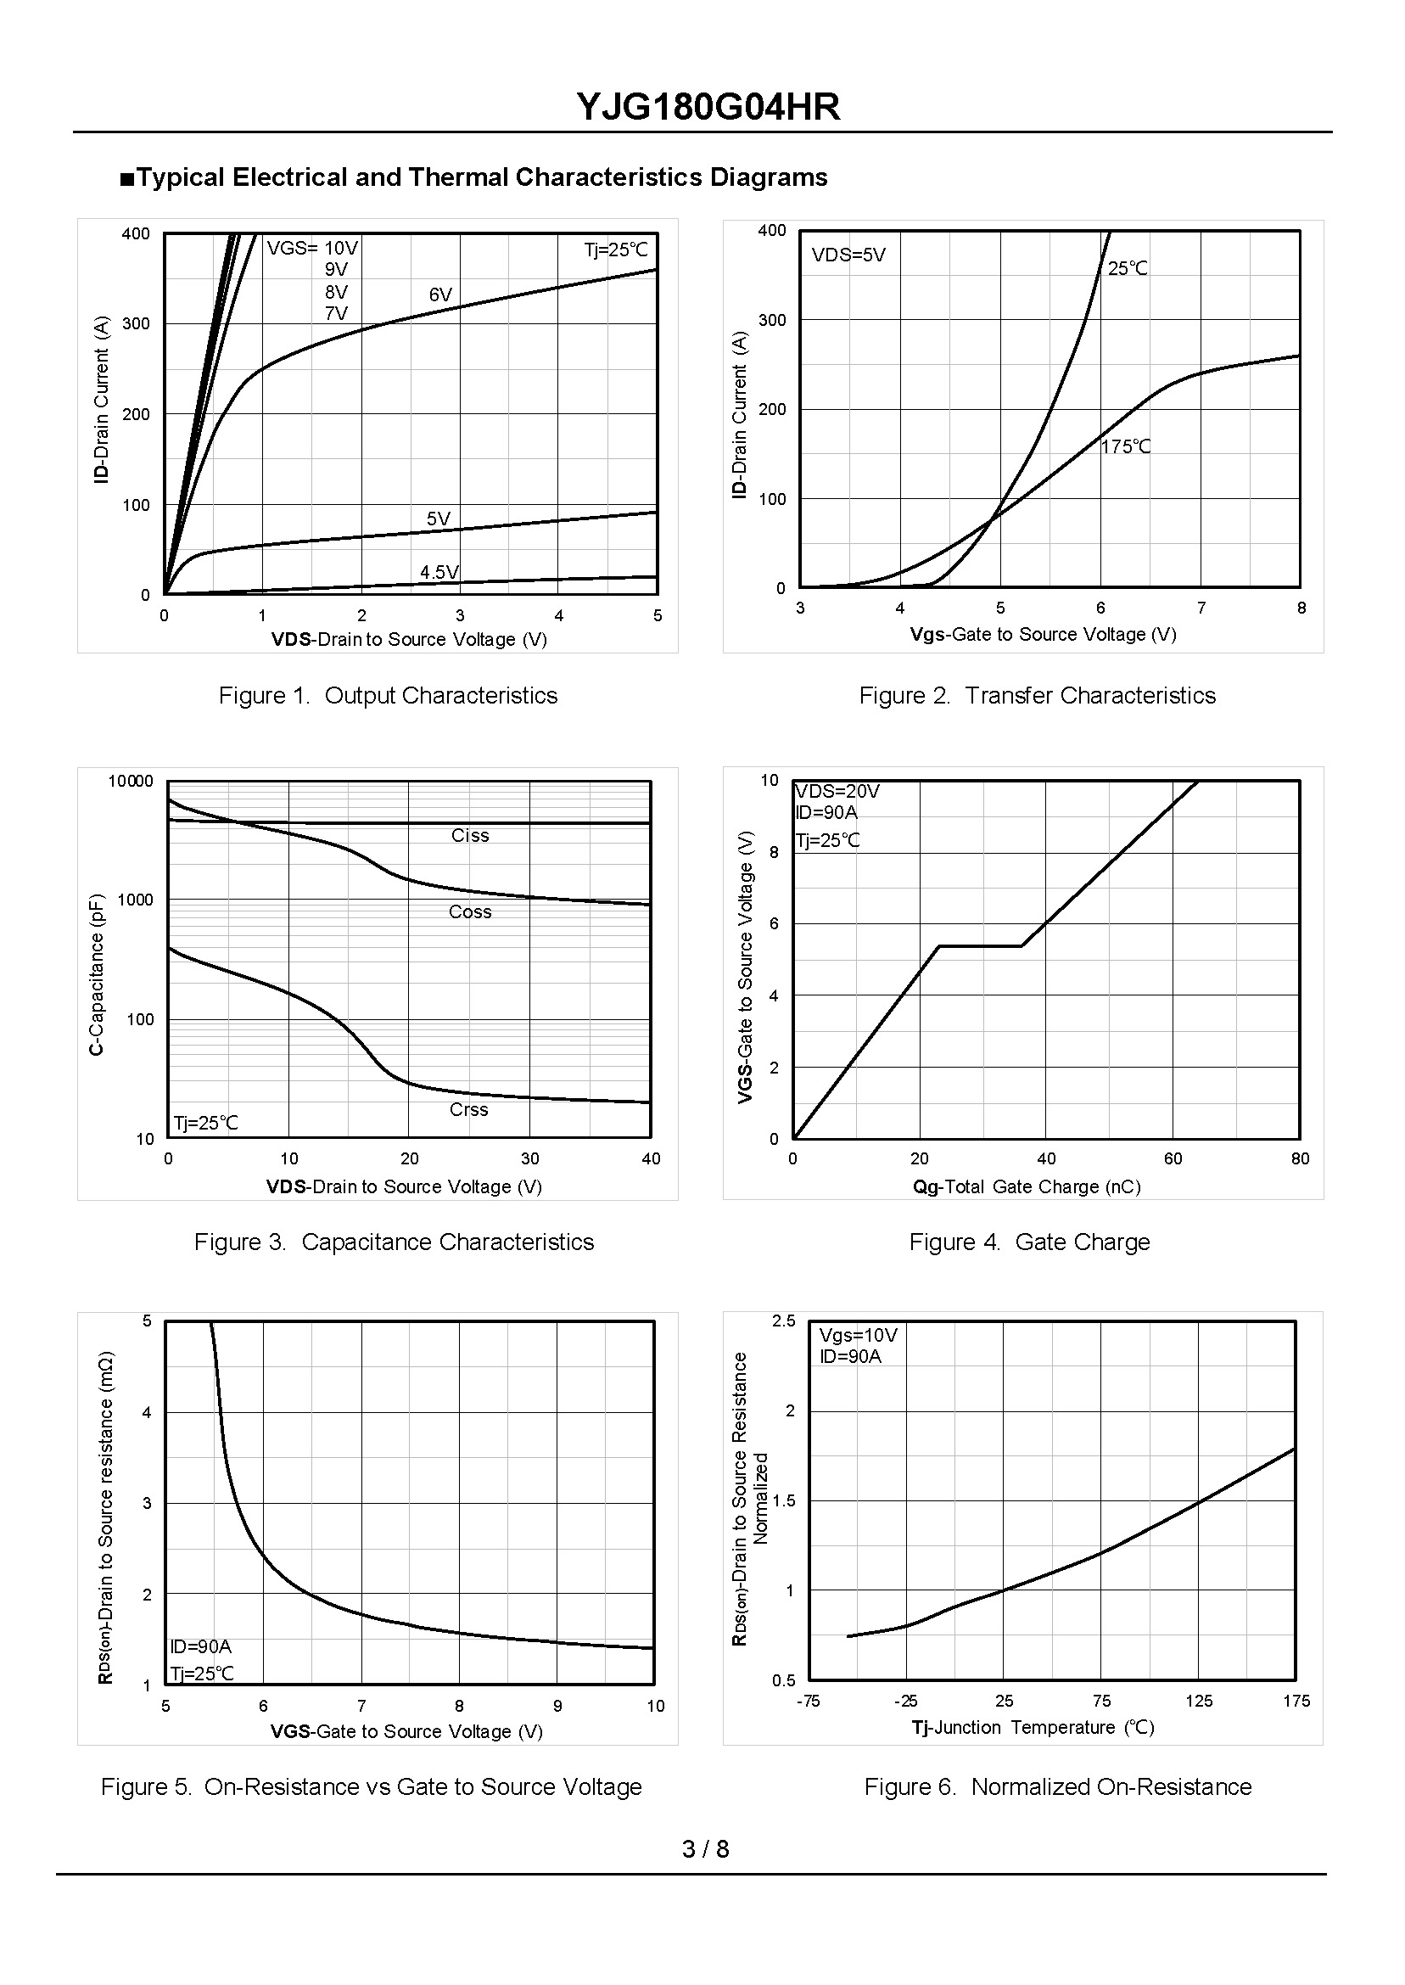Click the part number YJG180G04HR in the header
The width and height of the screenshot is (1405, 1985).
(708, 107)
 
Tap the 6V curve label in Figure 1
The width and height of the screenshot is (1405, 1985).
(440, 295)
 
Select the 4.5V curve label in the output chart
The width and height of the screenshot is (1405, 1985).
(439, 572)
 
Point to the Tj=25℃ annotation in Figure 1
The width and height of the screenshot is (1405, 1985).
(615, 250)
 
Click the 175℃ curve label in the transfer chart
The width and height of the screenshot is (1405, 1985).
(1126, 446)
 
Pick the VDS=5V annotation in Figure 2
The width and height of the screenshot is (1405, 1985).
(848, 255)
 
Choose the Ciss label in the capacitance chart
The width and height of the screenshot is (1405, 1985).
(470, 836)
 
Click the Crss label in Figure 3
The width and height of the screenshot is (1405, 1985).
(469, 1110)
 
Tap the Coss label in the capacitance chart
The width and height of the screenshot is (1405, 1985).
(470, 912)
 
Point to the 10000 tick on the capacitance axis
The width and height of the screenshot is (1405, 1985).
(131, 782)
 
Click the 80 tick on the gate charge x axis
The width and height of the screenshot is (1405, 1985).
(1301, 1159)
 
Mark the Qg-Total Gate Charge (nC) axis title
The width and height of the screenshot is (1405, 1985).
(1026, 1187)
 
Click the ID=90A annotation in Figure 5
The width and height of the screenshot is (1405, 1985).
(201, 1646)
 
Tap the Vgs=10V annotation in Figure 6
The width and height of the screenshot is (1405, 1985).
(859, 1335)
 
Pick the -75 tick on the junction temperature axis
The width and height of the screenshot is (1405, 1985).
(808, 1702)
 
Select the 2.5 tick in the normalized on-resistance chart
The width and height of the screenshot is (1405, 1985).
(784, 1321)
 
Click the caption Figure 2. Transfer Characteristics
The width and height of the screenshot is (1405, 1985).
(1037, 696)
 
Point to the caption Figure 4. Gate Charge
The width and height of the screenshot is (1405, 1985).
(1029, 1242)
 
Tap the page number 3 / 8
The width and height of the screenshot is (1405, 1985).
(705, 1849)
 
